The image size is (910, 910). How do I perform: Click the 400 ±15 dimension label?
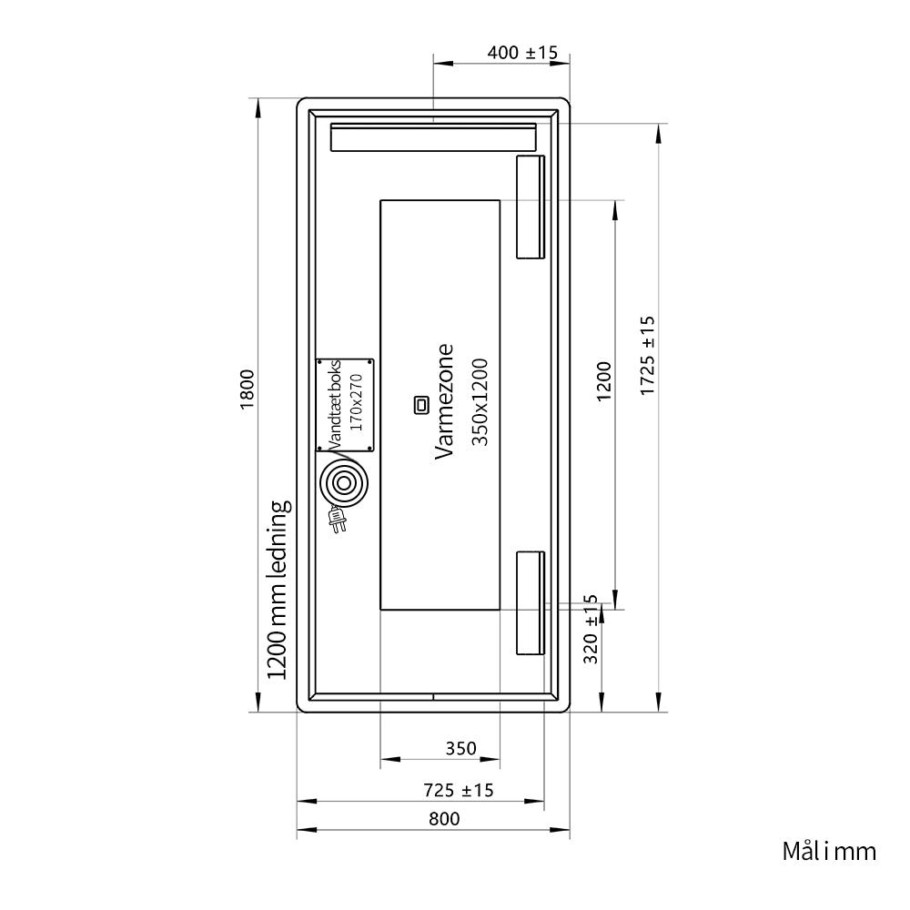(522, 53)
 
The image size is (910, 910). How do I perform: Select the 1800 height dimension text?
(248, 389)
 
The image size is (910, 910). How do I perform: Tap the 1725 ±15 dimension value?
(647, 356)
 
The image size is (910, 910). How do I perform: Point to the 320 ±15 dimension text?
(591, 629)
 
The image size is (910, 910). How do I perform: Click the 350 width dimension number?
(460, 749)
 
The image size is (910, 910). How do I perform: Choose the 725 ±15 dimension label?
(458, 791)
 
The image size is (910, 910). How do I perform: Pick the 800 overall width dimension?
(444, 819)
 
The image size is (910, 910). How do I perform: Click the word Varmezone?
(444, 401)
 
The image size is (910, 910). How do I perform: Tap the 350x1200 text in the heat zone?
(480, 402)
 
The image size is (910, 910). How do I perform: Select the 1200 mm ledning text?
(278, 590)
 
